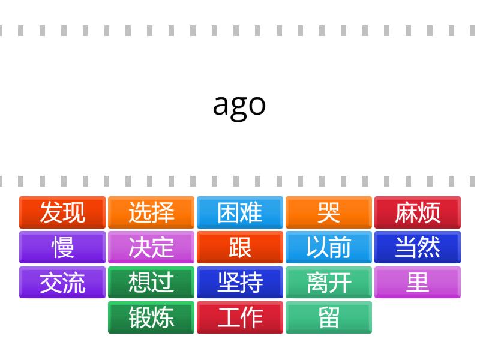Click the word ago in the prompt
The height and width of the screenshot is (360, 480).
coord(239,106)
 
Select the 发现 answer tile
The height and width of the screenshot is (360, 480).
coord(62,212)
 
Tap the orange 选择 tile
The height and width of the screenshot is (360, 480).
coord(151,212)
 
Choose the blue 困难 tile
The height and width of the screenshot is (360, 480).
coord(240,212)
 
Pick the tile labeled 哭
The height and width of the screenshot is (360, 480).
coord(329,212)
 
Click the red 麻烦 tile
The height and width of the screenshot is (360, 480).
coord(418,212)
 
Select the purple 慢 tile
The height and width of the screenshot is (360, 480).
coord(62,247)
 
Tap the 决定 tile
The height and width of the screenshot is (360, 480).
coord(151,247)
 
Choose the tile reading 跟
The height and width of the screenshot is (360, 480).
coord(240,247)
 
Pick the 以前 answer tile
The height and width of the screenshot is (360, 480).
coord(329,247)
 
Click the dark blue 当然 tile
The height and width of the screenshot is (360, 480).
coord(418,247)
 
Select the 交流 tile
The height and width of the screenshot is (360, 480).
coord(62,282)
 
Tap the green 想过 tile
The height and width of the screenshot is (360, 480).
coord(151,282)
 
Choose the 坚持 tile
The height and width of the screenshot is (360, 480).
coord(240,282)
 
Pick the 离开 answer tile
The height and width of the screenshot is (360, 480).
coord(329,282)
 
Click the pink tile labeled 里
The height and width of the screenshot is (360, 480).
coord(418,282)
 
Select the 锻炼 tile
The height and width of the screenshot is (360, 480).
coord(151,317)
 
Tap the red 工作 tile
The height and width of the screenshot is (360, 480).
coord(240,317)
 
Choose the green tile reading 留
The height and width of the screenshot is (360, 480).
coord(329,317)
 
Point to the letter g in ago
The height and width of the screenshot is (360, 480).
coord(238,109)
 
